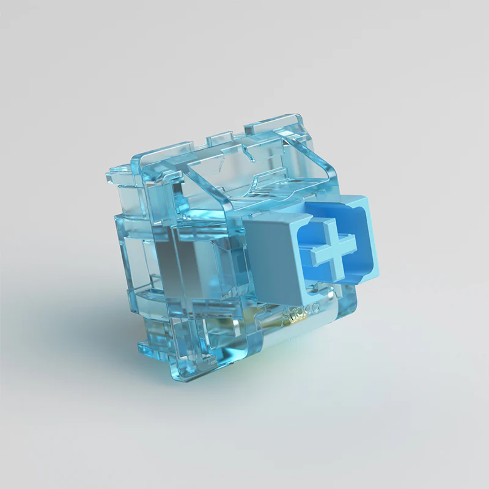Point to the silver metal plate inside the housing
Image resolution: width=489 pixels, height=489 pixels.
[x=183, y=257]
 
